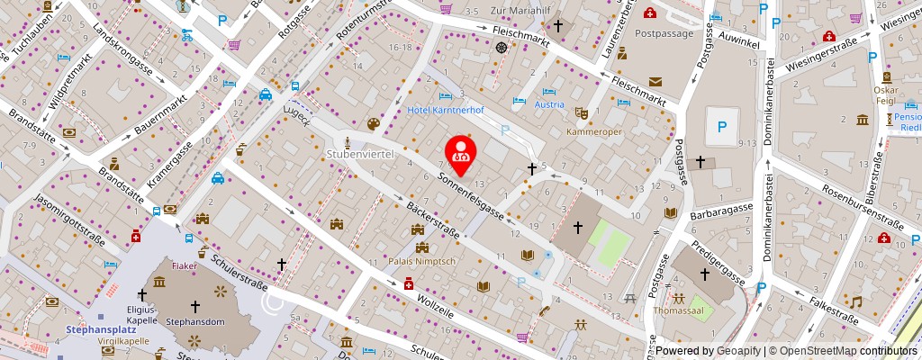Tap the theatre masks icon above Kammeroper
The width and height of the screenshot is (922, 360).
click(581, 113)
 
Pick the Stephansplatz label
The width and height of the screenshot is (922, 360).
click(101, 330)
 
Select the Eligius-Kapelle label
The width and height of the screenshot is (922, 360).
click(141, 314)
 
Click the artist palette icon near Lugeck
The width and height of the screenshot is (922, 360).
click(374, 124)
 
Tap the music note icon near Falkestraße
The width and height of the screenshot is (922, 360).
click(856, 301)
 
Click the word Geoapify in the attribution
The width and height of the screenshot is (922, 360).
click(738, 351)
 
